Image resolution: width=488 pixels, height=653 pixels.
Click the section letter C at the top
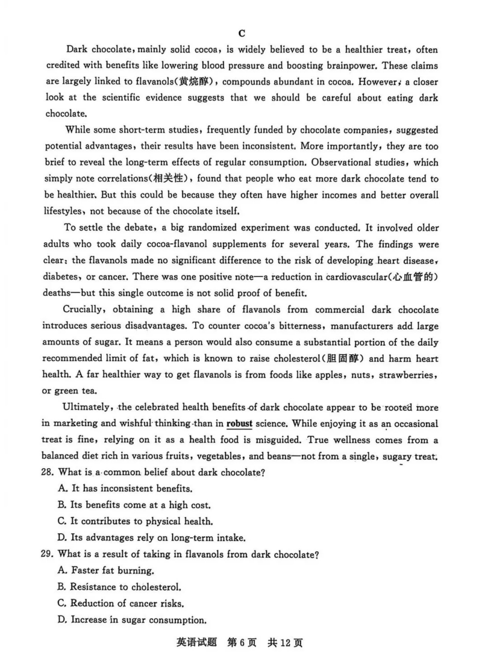tap(241, 33)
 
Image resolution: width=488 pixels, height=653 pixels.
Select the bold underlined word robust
tap(239, 423)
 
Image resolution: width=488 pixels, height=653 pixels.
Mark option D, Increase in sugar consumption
tap(139, 619)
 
